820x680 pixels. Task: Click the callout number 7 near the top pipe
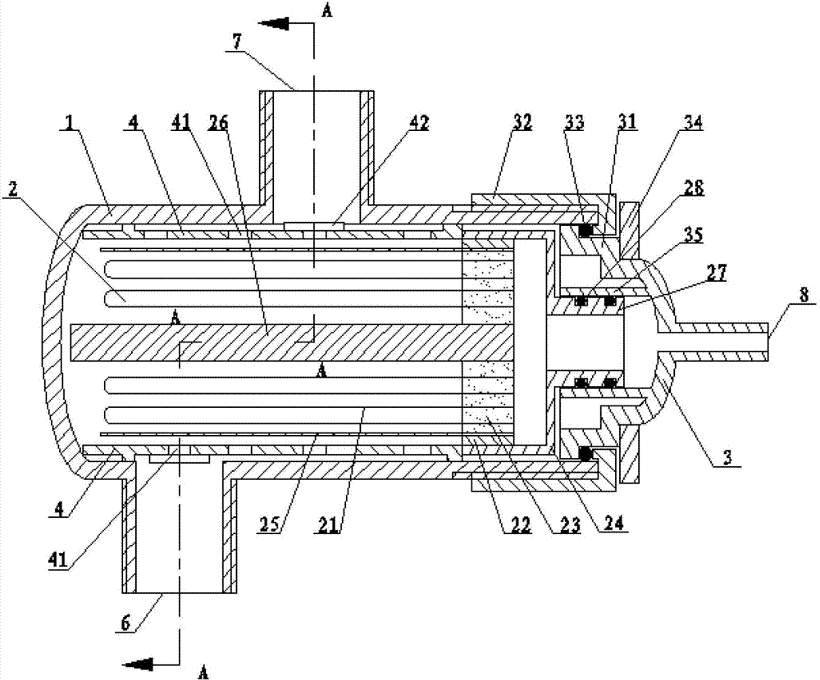[x=238, y=43]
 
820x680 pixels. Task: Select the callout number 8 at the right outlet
[x=803, y=295]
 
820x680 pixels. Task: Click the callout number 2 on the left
[x=13, y=189]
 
